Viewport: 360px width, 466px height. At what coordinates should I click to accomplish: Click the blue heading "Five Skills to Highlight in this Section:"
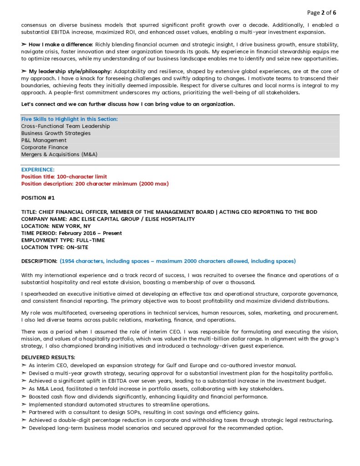[x=69, y=119]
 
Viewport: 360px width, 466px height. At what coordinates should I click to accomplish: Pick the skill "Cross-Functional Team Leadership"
[x=66, y=126]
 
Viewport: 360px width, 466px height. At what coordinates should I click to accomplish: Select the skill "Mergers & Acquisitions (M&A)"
[x=59, y=154]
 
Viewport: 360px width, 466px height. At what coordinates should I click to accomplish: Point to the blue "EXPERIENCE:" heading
[x=38, y=170]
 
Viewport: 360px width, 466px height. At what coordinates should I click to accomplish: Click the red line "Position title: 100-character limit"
[x=64, y=177]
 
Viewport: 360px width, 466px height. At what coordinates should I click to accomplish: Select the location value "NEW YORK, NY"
[x=71, y=226]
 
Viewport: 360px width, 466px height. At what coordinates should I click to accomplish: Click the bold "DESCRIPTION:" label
[x=39, y=261]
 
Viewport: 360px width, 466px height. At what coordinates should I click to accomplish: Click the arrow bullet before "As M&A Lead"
[x=24, y=389]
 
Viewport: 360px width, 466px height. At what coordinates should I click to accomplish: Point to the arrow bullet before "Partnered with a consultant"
[x=24, y=412]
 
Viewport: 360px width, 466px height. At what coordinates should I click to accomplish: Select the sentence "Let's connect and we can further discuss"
[x=128, y=104]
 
